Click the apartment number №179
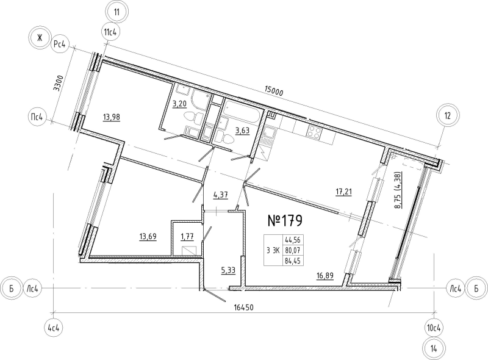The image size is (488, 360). coord(285,221)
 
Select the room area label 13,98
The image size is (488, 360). coord(112,117)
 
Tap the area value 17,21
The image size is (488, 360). coord(343,192)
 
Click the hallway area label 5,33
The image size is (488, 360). coord(228,271)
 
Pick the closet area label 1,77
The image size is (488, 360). coord(187,237)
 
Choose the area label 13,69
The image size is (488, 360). coord(148,237)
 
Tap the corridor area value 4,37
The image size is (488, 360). coord(221,195)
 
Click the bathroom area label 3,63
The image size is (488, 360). coord(242,131)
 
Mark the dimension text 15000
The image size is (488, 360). coord(273,92)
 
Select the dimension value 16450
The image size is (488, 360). coord(243,308)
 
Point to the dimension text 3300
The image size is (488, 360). coord(58,83)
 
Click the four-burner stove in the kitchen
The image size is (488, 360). coord(314,132)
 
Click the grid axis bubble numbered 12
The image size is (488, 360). coord(447,116)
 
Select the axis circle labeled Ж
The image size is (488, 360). coord(39,38)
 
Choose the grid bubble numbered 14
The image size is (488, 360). coord(434,348)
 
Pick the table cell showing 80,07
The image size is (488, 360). coord(293,250)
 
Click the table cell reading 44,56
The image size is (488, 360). coord(293,240)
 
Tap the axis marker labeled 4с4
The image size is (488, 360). coord(54,328)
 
